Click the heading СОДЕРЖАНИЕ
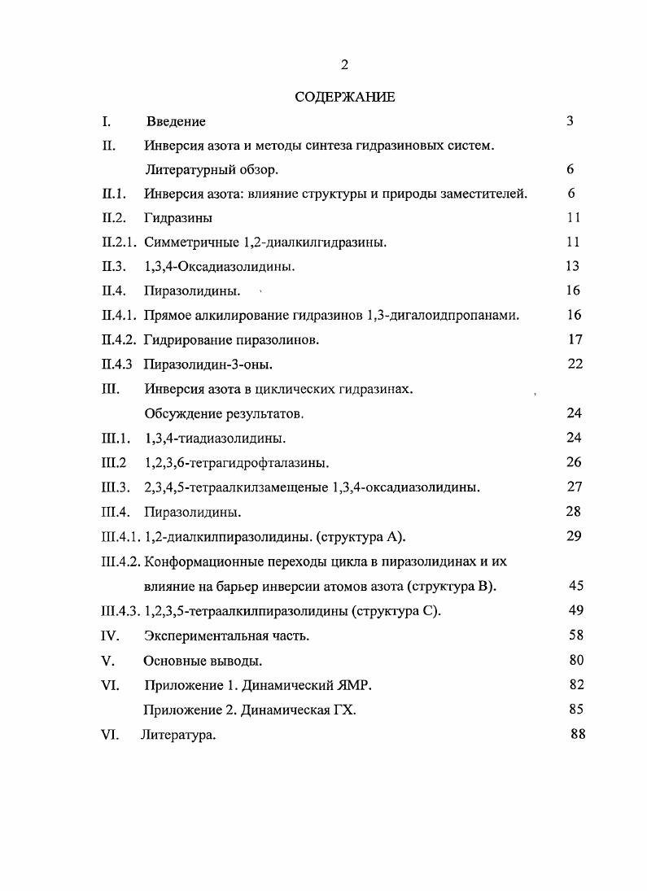coord(344,97)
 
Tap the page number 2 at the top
coord(344,65)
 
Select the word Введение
coord(176,121)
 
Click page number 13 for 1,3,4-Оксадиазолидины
coord(571,266)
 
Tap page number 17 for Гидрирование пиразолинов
coord(575,339)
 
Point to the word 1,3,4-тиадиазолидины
coord(215,439)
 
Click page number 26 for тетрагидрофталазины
coord(575,462)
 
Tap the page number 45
coord(576,585)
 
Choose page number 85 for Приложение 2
coord(576,710)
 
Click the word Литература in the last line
coord(177,735)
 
